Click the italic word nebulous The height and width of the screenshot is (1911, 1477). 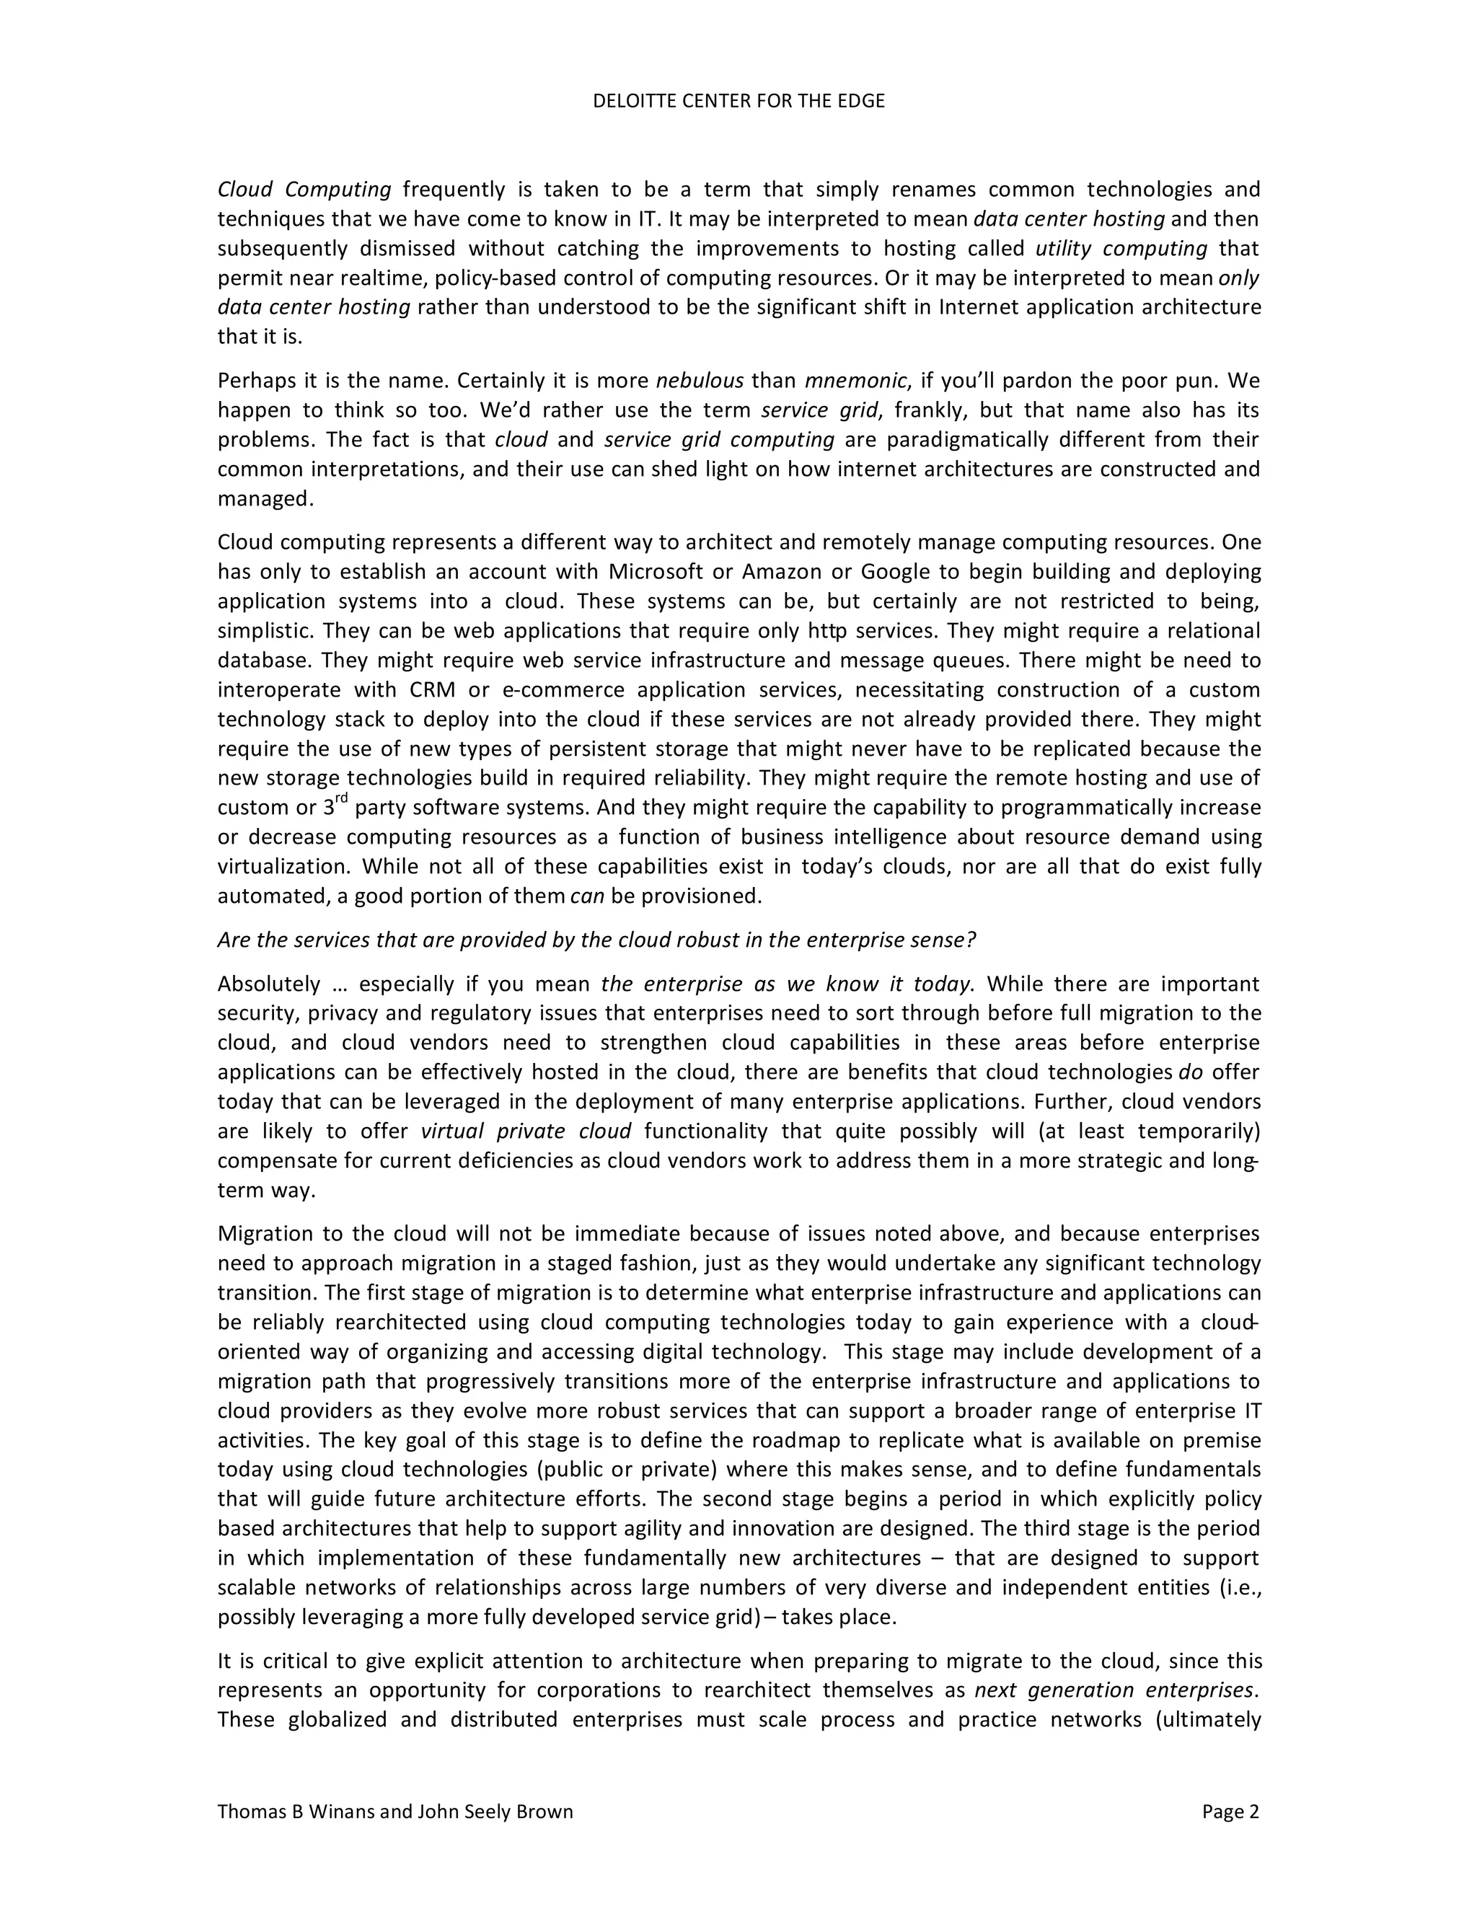click(699, 381)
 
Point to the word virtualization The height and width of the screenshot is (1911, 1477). click(283, 867)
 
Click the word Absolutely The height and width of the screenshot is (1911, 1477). click(268, 984)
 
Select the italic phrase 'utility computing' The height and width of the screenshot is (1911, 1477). click(1121, 249)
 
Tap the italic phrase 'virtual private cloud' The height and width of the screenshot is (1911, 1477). click(526, 1131)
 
